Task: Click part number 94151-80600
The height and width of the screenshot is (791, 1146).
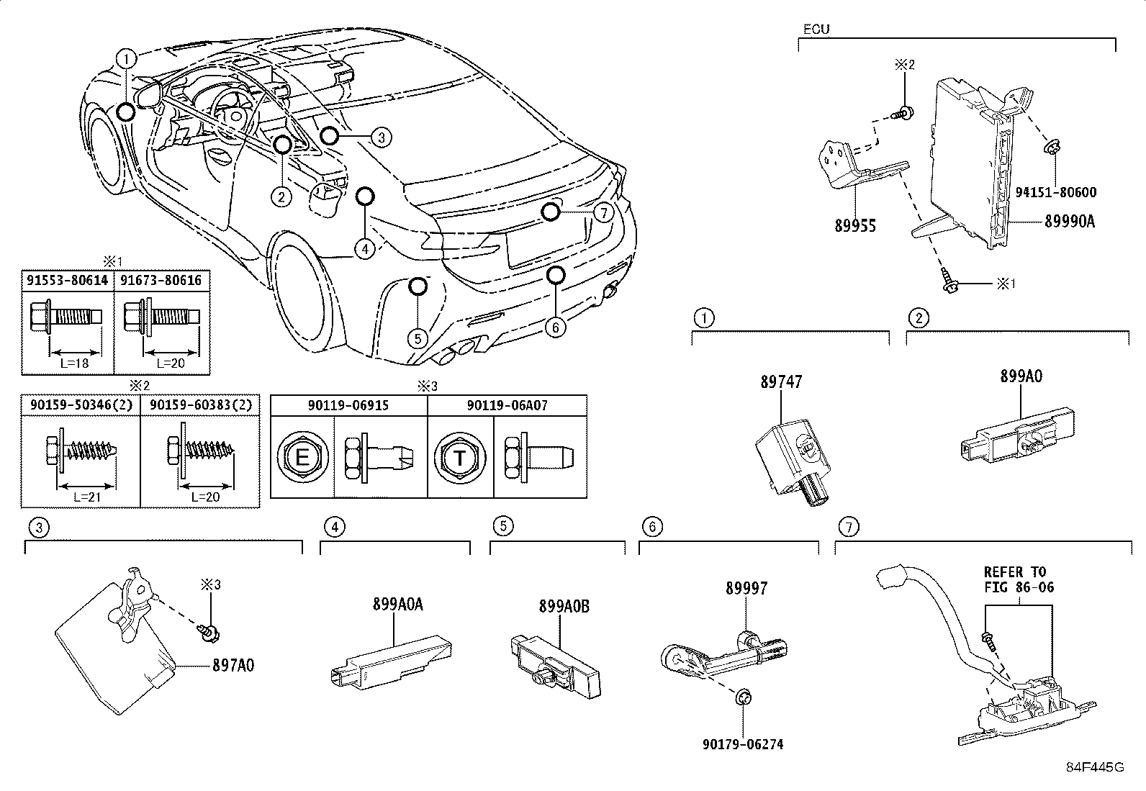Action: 1056,192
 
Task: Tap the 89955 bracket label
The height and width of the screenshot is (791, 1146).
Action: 855,226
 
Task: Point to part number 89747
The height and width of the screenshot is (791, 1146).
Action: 781,381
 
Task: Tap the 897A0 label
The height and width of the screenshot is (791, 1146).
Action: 233,666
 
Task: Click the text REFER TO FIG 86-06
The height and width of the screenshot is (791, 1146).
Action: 1019,579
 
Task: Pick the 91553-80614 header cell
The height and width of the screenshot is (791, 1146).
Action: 68,280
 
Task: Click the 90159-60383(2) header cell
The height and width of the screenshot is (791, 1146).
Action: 200,405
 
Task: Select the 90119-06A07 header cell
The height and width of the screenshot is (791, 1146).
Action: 507,405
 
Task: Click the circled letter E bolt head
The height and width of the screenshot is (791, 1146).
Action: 302,457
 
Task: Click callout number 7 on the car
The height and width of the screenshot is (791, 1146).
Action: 603,212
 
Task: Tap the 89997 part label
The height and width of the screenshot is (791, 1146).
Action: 746,588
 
